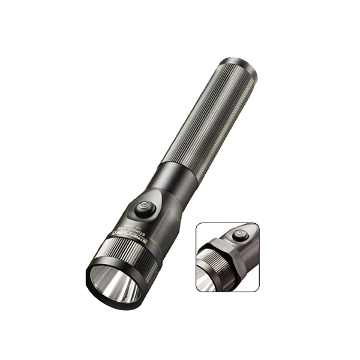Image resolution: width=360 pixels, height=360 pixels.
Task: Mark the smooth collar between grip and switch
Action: click(x=177, y=180)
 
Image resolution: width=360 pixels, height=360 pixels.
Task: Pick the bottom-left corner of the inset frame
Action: click(x=197, y=291)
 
